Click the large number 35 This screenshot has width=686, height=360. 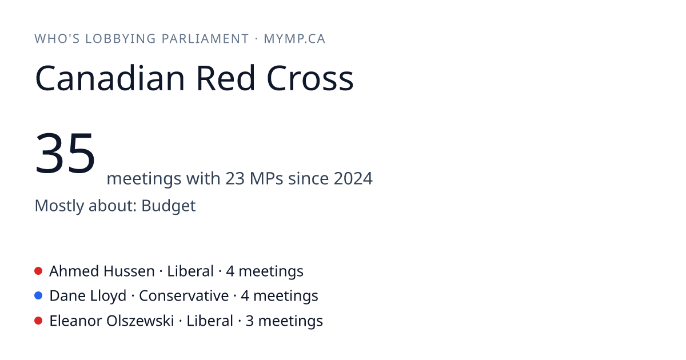point(65,153)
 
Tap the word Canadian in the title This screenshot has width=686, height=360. point(110,78)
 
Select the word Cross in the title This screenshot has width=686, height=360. point(310,78)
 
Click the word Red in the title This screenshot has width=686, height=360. point(226,78)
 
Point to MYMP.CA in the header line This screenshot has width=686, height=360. point(294,39)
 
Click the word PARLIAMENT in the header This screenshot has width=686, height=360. point(205,39)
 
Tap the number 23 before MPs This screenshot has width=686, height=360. point(235,178)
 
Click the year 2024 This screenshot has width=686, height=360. point(353,178)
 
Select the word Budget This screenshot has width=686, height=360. point(169,206)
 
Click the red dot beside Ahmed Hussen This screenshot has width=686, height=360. point(38,271)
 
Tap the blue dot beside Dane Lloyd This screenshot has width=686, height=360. point(38,296)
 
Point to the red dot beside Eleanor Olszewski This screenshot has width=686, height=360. point(38,321)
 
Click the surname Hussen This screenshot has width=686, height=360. point(129,271)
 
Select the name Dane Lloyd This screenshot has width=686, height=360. point(88,296)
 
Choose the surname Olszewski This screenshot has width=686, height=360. point(140,321)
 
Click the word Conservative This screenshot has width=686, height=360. point(184,296)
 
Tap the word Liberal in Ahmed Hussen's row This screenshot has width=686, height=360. point(190,271)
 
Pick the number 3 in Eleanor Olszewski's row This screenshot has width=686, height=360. point(250,321)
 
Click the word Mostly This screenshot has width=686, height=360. point(59,206)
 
